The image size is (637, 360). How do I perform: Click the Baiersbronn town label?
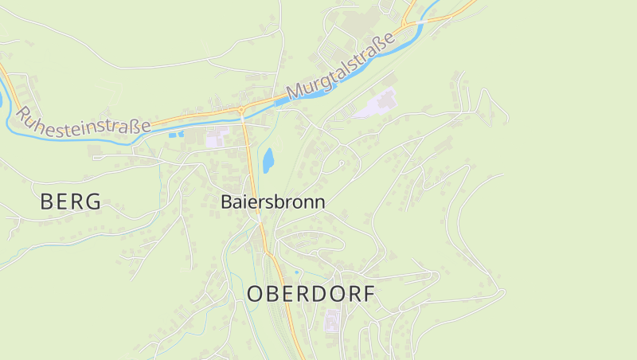point(272,202)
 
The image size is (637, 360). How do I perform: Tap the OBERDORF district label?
point(311,294)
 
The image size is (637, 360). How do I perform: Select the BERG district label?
point(71,202)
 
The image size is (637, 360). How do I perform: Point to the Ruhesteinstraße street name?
point(82,119)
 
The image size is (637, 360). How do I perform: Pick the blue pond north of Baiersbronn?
point(268,160)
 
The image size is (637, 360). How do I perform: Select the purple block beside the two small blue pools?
point(216,139)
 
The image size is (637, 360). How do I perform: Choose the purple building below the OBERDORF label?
point(332,320)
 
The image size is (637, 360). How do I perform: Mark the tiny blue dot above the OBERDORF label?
point(296,272)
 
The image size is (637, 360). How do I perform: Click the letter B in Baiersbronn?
point(226,202)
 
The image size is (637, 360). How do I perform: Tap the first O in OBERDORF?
point(255,294)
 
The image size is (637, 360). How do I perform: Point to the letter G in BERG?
point(94,202)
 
